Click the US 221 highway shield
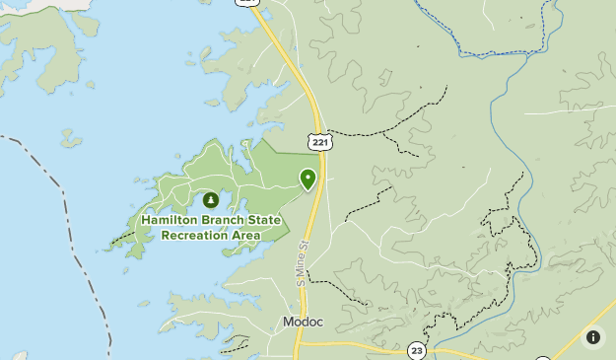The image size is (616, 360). pyautogui.click(x=317, y=143)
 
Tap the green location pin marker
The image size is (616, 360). pyautogui.click(x=308, y=179)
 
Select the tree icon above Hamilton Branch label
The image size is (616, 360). pyautogui.click(x=210, y=200)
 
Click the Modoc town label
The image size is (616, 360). pyautogui.click(x=303, y=323)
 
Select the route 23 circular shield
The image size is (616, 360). pyautogui.click(x=417, y=350)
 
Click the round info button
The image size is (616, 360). pyautogui.click(x=593, y=337)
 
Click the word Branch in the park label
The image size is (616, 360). pyautogui.click(x=220, y=220)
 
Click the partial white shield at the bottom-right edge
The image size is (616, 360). pyautogui.click(x=543, y=357)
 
